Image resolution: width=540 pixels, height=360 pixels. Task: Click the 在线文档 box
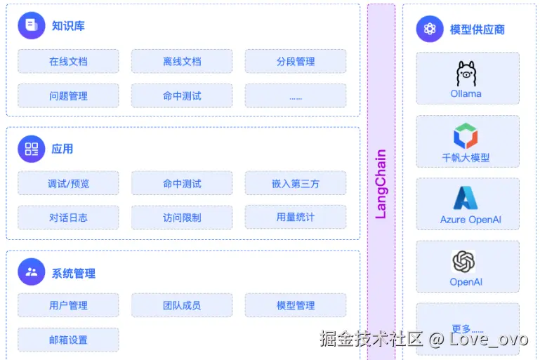pyautogui.click(x=68, y=62)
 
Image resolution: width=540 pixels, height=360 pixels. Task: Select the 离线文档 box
pyautogui.click(x=182, y=62)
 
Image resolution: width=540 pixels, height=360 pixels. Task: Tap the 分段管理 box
pyautogui.click(x=296, y=62)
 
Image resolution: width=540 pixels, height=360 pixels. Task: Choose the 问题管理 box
pyautogui.click(x=68, y=96)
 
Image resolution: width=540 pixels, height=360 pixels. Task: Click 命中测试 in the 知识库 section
pyautogui.click(x=182, y=96)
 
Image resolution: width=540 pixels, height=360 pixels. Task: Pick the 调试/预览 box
pyautogui.click(x=68, y=184)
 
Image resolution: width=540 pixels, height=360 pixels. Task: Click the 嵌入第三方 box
pyautogui.click(x=296, y=184)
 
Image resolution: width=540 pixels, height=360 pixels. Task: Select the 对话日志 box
pyautogui.click(x=68, y=218)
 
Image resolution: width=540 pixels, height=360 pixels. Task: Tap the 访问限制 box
pyautogui.click(x=182, y=218)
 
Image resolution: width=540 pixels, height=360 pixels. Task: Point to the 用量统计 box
pyautogui.click(x=296, y=218)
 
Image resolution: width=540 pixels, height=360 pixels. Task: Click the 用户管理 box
pyautogui.click(x=68, y=305)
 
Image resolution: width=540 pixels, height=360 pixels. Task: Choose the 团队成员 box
pyautogui.click(x=182, y=305)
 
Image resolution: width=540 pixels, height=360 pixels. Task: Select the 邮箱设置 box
pyautogui.click(x=68, y=340)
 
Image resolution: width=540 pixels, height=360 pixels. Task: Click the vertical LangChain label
pyautogui.click(x=381, y=184)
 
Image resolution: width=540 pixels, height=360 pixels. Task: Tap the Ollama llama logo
pyautogui.click(x=466, y=73)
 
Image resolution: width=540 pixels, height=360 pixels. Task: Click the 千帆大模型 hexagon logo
pyautogui.click(x=466, y=135)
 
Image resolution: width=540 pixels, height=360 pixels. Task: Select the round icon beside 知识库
pyautogui.click(x=31, y=26)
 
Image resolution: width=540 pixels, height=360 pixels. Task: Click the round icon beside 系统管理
pyautogui.click(x=31, y=272)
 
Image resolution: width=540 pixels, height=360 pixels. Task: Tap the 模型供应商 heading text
pyautogui.click(x=478, y=29)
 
